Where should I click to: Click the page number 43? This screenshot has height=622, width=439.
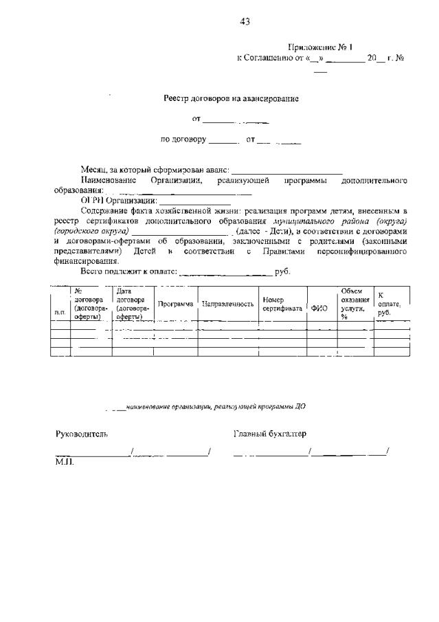pyautogui.click(x=245, y=21)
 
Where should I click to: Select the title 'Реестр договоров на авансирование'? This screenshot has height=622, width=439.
pyautogui.click(x=231, y=98)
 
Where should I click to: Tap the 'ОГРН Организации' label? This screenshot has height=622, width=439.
pyautogui.click(x=118, y=200)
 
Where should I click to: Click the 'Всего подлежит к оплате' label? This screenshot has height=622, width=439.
pyautogui.click(x=128, y=271)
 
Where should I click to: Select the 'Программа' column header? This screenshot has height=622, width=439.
pyautogui.click(x=175, y=303)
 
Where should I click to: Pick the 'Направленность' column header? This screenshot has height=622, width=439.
pyautogui.click(x=228, y=303)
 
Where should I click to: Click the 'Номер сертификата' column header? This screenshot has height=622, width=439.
pyautogui.click(x=282, y=304)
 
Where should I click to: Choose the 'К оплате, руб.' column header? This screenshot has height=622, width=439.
pyautogui.click(x=389, y=304)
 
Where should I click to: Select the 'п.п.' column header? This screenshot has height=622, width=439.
pyautogui.click(x=60, y=313)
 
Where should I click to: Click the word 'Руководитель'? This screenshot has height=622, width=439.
pyautogui.click(x=82, y=434)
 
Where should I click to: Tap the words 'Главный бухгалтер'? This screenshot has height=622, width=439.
pyautogui.click(x=270, y=434)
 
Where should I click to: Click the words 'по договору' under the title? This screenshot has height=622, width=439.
pyautogui.click(x=183, y=140)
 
